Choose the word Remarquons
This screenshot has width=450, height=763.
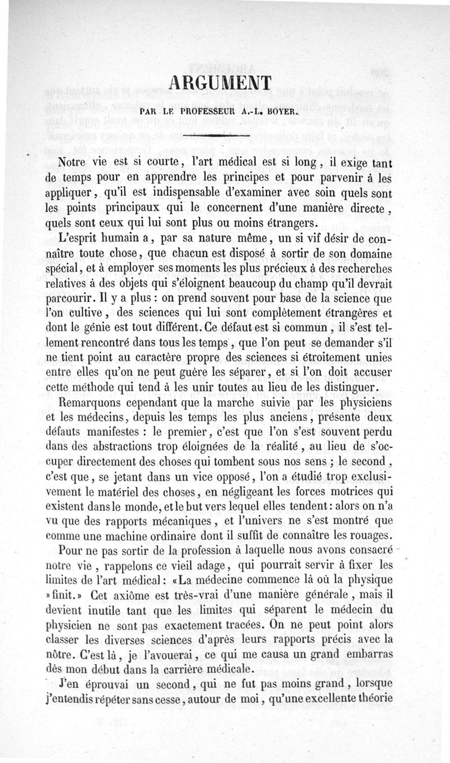coord(92,404)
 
